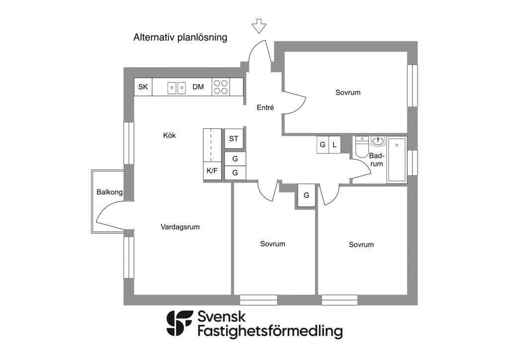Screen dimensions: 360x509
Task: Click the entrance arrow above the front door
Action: (258, 26)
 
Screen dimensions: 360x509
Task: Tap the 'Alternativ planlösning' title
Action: (180, 38)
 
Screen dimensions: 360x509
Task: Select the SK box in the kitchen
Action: (143, 87)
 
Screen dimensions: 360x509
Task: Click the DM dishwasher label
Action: (198, 87)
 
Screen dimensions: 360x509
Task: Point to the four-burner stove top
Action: (221, 87)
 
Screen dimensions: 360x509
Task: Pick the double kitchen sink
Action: (176, 88)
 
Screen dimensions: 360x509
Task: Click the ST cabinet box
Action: (234, 139)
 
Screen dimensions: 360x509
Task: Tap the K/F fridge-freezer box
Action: (212, 171)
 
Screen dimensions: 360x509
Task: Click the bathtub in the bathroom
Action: (396, 160)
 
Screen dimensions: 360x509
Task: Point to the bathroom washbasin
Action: (378, 141)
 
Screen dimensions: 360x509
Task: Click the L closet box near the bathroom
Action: (335, 145)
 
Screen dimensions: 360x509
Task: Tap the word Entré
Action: (265, 107)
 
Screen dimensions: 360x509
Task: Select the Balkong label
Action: (109, 192)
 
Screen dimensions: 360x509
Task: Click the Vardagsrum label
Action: (180, 227)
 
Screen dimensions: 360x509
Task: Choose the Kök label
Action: (170, 135)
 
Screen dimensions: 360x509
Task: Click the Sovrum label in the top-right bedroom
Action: (347, 92)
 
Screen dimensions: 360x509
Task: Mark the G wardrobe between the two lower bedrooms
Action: (306, 195)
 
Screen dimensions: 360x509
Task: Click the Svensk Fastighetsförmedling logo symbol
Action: (179, 324)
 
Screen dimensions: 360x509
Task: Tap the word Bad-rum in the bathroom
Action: (377, 160)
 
